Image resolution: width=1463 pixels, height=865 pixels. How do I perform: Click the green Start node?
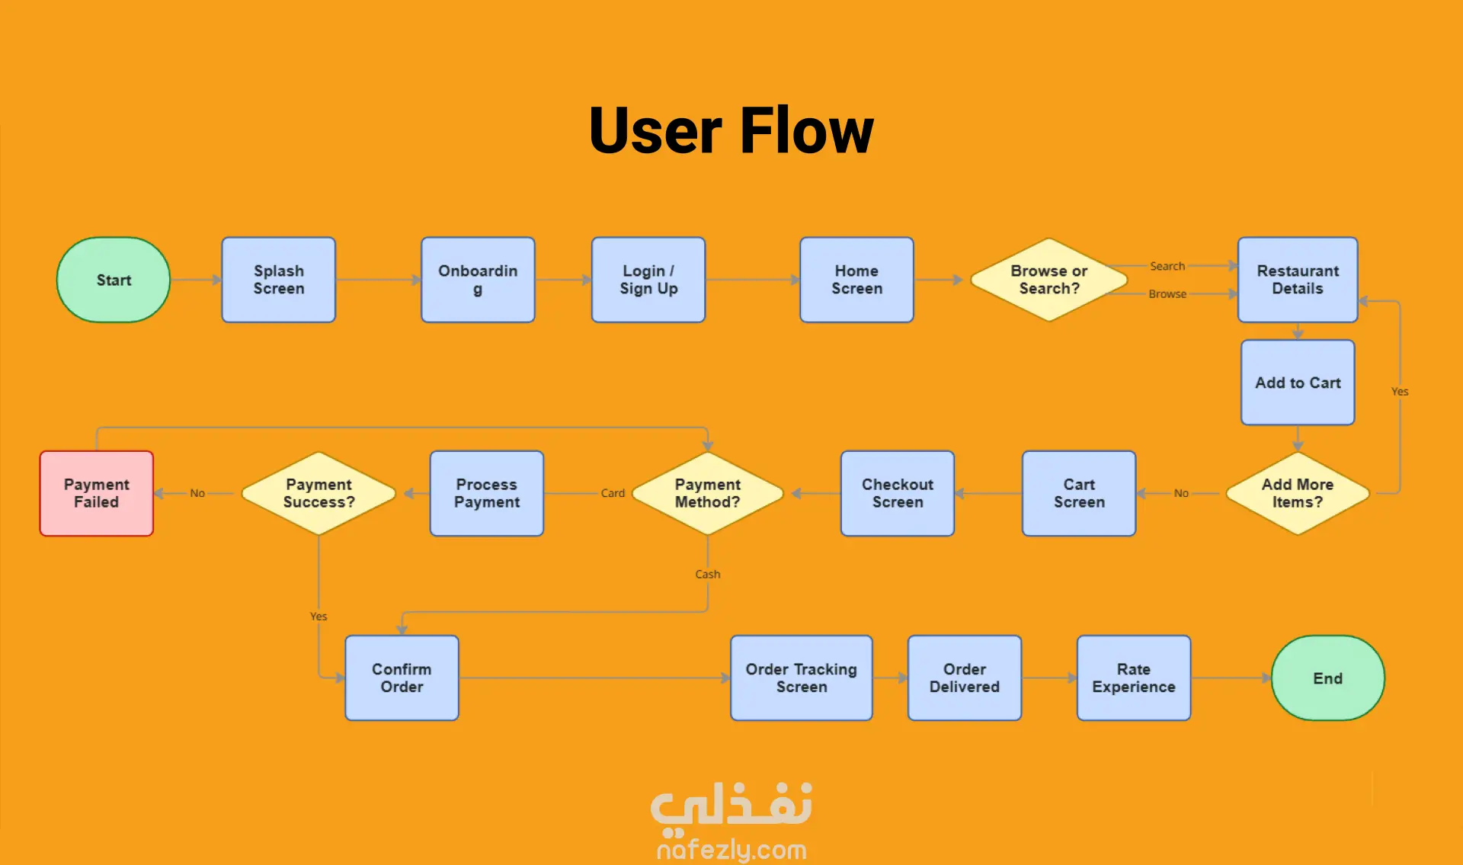[114, 280]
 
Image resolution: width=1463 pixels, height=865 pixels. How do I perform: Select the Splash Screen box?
[279, 280]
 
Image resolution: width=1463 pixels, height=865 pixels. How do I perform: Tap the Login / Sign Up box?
[648, 280]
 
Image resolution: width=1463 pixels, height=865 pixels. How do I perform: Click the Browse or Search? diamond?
[1048, 280]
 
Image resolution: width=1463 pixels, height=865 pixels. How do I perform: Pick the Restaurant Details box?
[1298, 280]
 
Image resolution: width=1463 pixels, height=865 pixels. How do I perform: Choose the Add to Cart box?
[1298, 383]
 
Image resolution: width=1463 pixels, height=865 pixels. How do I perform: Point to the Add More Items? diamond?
[1297, 493]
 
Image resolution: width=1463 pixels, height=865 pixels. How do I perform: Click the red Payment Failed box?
[97, 493]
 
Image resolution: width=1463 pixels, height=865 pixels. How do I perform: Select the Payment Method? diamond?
[707, 493]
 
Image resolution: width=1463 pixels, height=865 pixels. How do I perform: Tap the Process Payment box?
[487, 493]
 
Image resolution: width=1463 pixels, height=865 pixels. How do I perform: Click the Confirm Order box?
[402, 678]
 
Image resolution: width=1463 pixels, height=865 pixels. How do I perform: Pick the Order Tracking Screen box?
[801, 678]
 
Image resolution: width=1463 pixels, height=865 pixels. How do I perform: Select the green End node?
[1327, 678]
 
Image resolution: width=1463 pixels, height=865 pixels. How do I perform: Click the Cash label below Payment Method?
[707, 574]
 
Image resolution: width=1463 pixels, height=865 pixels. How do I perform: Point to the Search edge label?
[1167, 266]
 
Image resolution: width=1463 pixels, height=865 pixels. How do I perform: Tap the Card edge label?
[613, 493]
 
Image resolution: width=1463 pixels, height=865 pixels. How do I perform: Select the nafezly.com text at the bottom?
[731, 849]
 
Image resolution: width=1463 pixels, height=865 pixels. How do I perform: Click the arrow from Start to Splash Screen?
[196, 280]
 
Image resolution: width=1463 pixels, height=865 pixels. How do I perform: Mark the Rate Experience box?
[1133, 678]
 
